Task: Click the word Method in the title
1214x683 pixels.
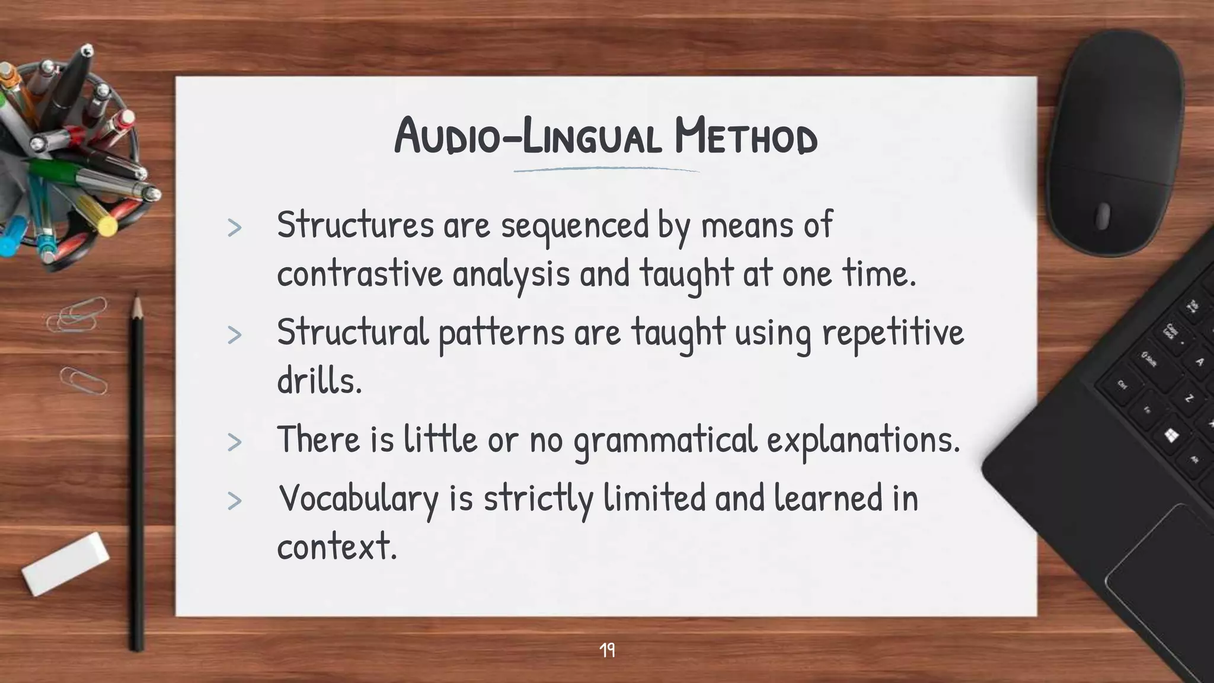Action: coord(746,136)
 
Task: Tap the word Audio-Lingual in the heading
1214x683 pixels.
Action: coord(528,136)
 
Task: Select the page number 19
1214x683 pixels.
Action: coord(607,650)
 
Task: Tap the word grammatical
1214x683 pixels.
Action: coord(666,441)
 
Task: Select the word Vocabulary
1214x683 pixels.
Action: coord(358,498)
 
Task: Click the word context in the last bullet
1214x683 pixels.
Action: coord(336,546)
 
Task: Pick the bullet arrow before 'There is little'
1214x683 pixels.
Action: coord(235,442)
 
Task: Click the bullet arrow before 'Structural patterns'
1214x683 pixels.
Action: coord(235,335)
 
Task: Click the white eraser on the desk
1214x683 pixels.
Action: coord(65,563)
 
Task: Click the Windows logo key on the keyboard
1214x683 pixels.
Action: coord(1171,436)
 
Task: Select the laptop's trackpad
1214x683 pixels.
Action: coord(1162,593)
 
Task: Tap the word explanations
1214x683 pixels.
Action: coord(862,441)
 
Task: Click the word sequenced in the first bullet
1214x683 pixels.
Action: coord(575,226)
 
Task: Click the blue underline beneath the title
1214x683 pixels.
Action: coord(606,170)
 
